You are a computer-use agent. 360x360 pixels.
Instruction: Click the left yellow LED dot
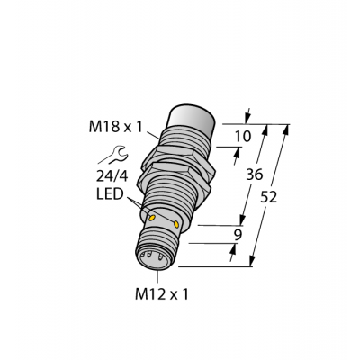pyautogui.click(x=150, y=219)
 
